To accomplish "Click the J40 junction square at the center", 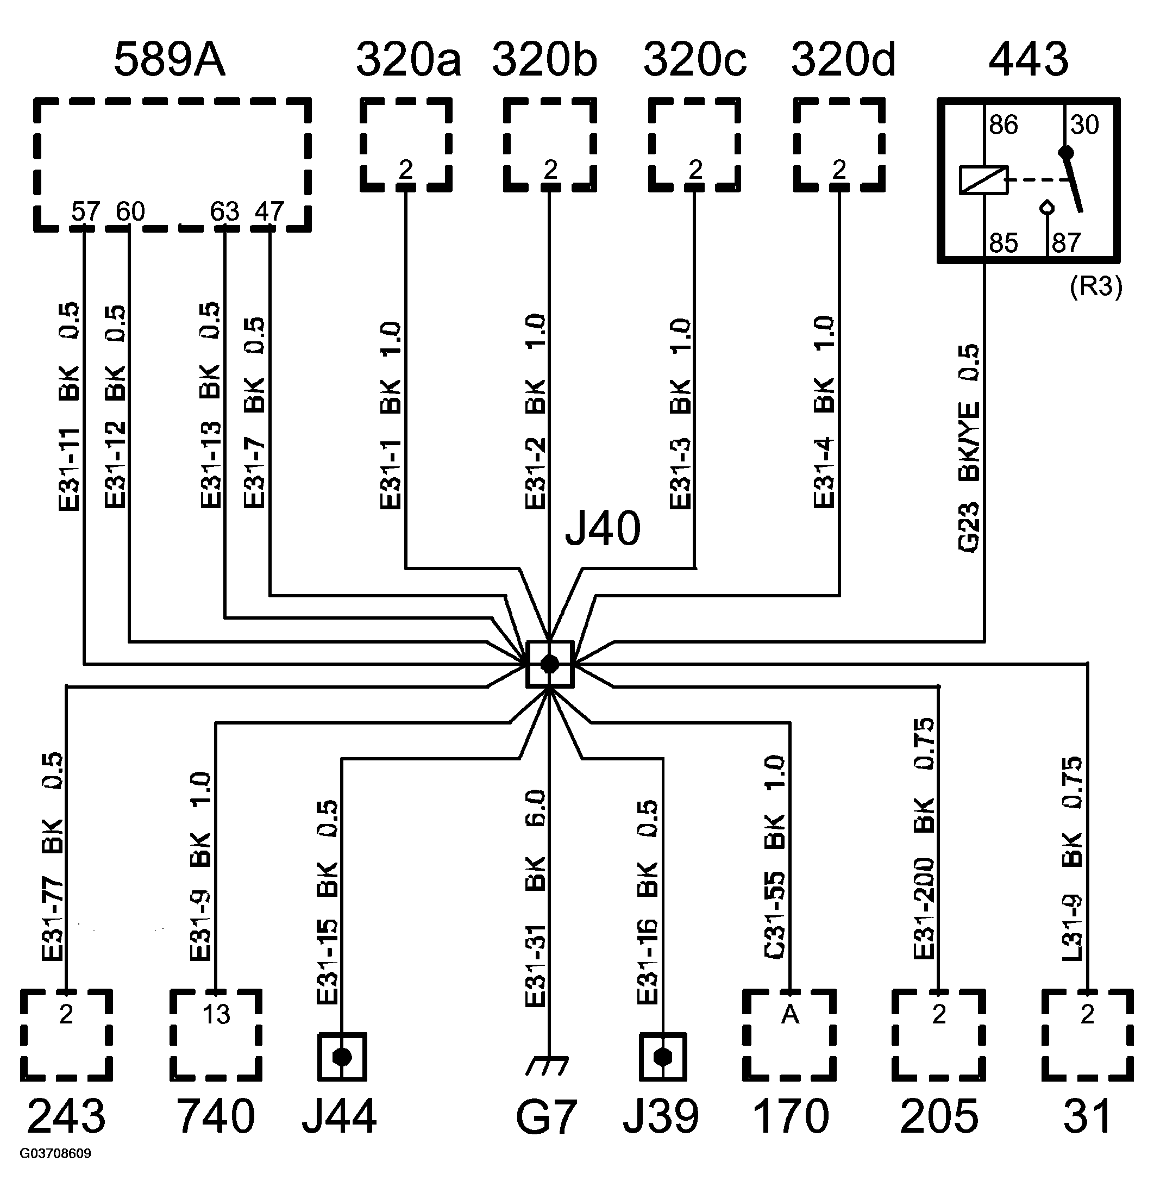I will click(549, 664).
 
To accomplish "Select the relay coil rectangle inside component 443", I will click(983, 180).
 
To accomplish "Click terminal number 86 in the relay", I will click(1004, 126).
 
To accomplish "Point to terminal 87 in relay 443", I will click(1067, 243).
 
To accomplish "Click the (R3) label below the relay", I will click(1096, 286).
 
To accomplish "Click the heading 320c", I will click(695, 60).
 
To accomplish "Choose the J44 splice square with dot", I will click(342, 1057).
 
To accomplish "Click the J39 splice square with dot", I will click(663, 1057).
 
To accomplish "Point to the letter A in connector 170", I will click(790, 1014).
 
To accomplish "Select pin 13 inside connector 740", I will click(216, 1014).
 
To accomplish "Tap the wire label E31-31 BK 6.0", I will click(535, 899).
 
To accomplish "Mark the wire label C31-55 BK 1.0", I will click(775, 857).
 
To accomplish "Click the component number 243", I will click(66, 1116).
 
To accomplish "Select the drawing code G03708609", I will click(55, 1171).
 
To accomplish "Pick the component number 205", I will click(939, 1116).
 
